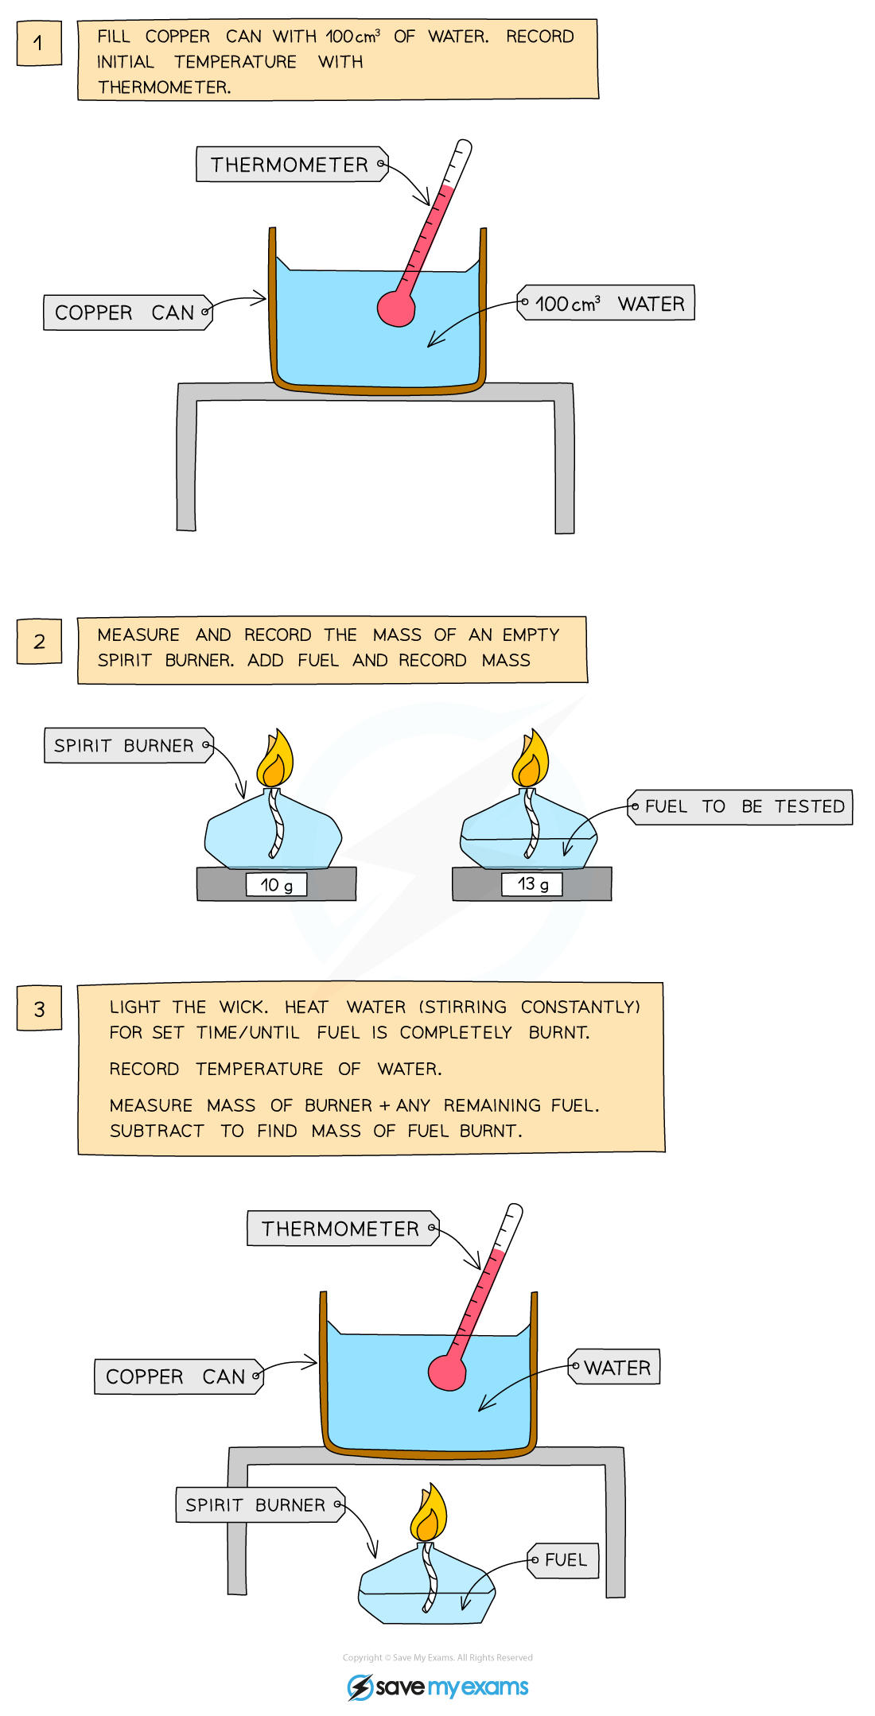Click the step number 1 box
39,43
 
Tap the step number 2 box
39,641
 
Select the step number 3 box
39,1008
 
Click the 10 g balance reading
276,884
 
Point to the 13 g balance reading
532,883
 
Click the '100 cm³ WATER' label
606,303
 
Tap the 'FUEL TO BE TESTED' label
741,806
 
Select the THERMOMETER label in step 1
291,165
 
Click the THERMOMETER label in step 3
342,1229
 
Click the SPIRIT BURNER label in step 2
128,745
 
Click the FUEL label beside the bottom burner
563,1560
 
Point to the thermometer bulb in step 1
396,309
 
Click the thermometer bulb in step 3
447,1372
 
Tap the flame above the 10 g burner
274,762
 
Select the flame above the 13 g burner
531,762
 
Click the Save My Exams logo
438,1687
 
